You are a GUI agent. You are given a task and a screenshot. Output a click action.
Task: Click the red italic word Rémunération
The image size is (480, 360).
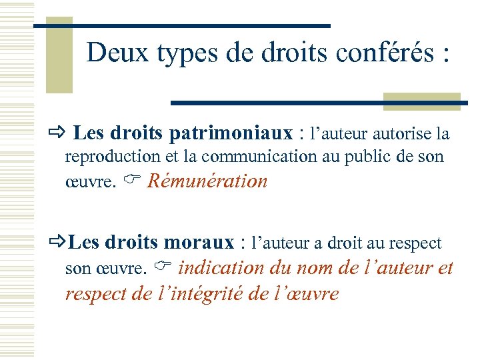coord(207,181)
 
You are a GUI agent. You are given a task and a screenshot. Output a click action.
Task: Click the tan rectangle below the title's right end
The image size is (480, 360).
coord(421,101)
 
